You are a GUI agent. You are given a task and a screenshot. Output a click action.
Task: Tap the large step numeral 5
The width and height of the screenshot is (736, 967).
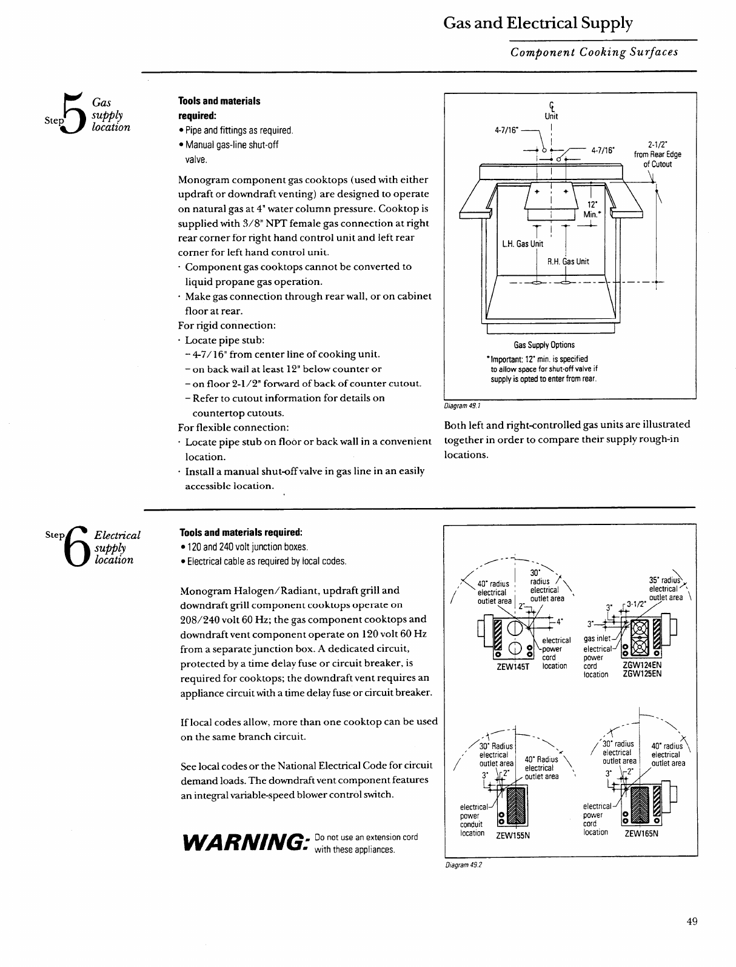click(x=73, y=113)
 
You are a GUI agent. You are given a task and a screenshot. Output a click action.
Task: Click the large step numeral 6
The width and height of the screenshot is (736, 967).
click(x=77, y=544)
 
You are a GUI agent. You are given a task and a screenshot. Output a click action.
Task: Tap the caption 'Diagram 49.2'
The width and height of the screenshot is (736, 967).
click(x=463, y=865)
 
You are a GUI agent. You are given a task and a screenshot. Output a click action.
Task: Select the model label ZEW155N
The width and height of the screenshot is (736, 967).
click(x=513, y=835)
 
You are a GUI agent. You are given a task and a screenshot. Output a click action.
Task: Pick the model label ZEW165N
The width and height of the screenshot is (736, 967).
click(x=641, y=833)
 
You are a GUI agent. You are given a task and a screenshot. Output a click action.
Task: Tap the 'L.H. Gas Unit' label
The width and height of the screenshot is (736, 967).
click(x=523, y=244)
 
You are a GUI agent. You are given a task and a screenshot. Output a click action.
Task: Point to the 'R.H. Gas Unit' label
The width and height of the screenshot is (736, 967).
click(x=568, y=262)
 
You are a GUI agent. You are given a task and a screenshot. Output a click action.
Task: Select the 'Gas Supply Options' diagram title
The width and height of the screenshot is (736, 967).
click(x=544, y=345)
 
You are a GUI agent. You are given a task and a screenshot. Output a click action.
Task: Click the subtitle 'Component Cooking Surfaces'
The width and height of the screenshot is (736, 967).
click(x=594, y=52)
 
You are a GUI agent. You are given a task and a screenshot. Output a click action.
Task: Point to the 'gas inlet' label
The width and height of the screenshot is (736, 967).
click(x=597, y=639)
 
